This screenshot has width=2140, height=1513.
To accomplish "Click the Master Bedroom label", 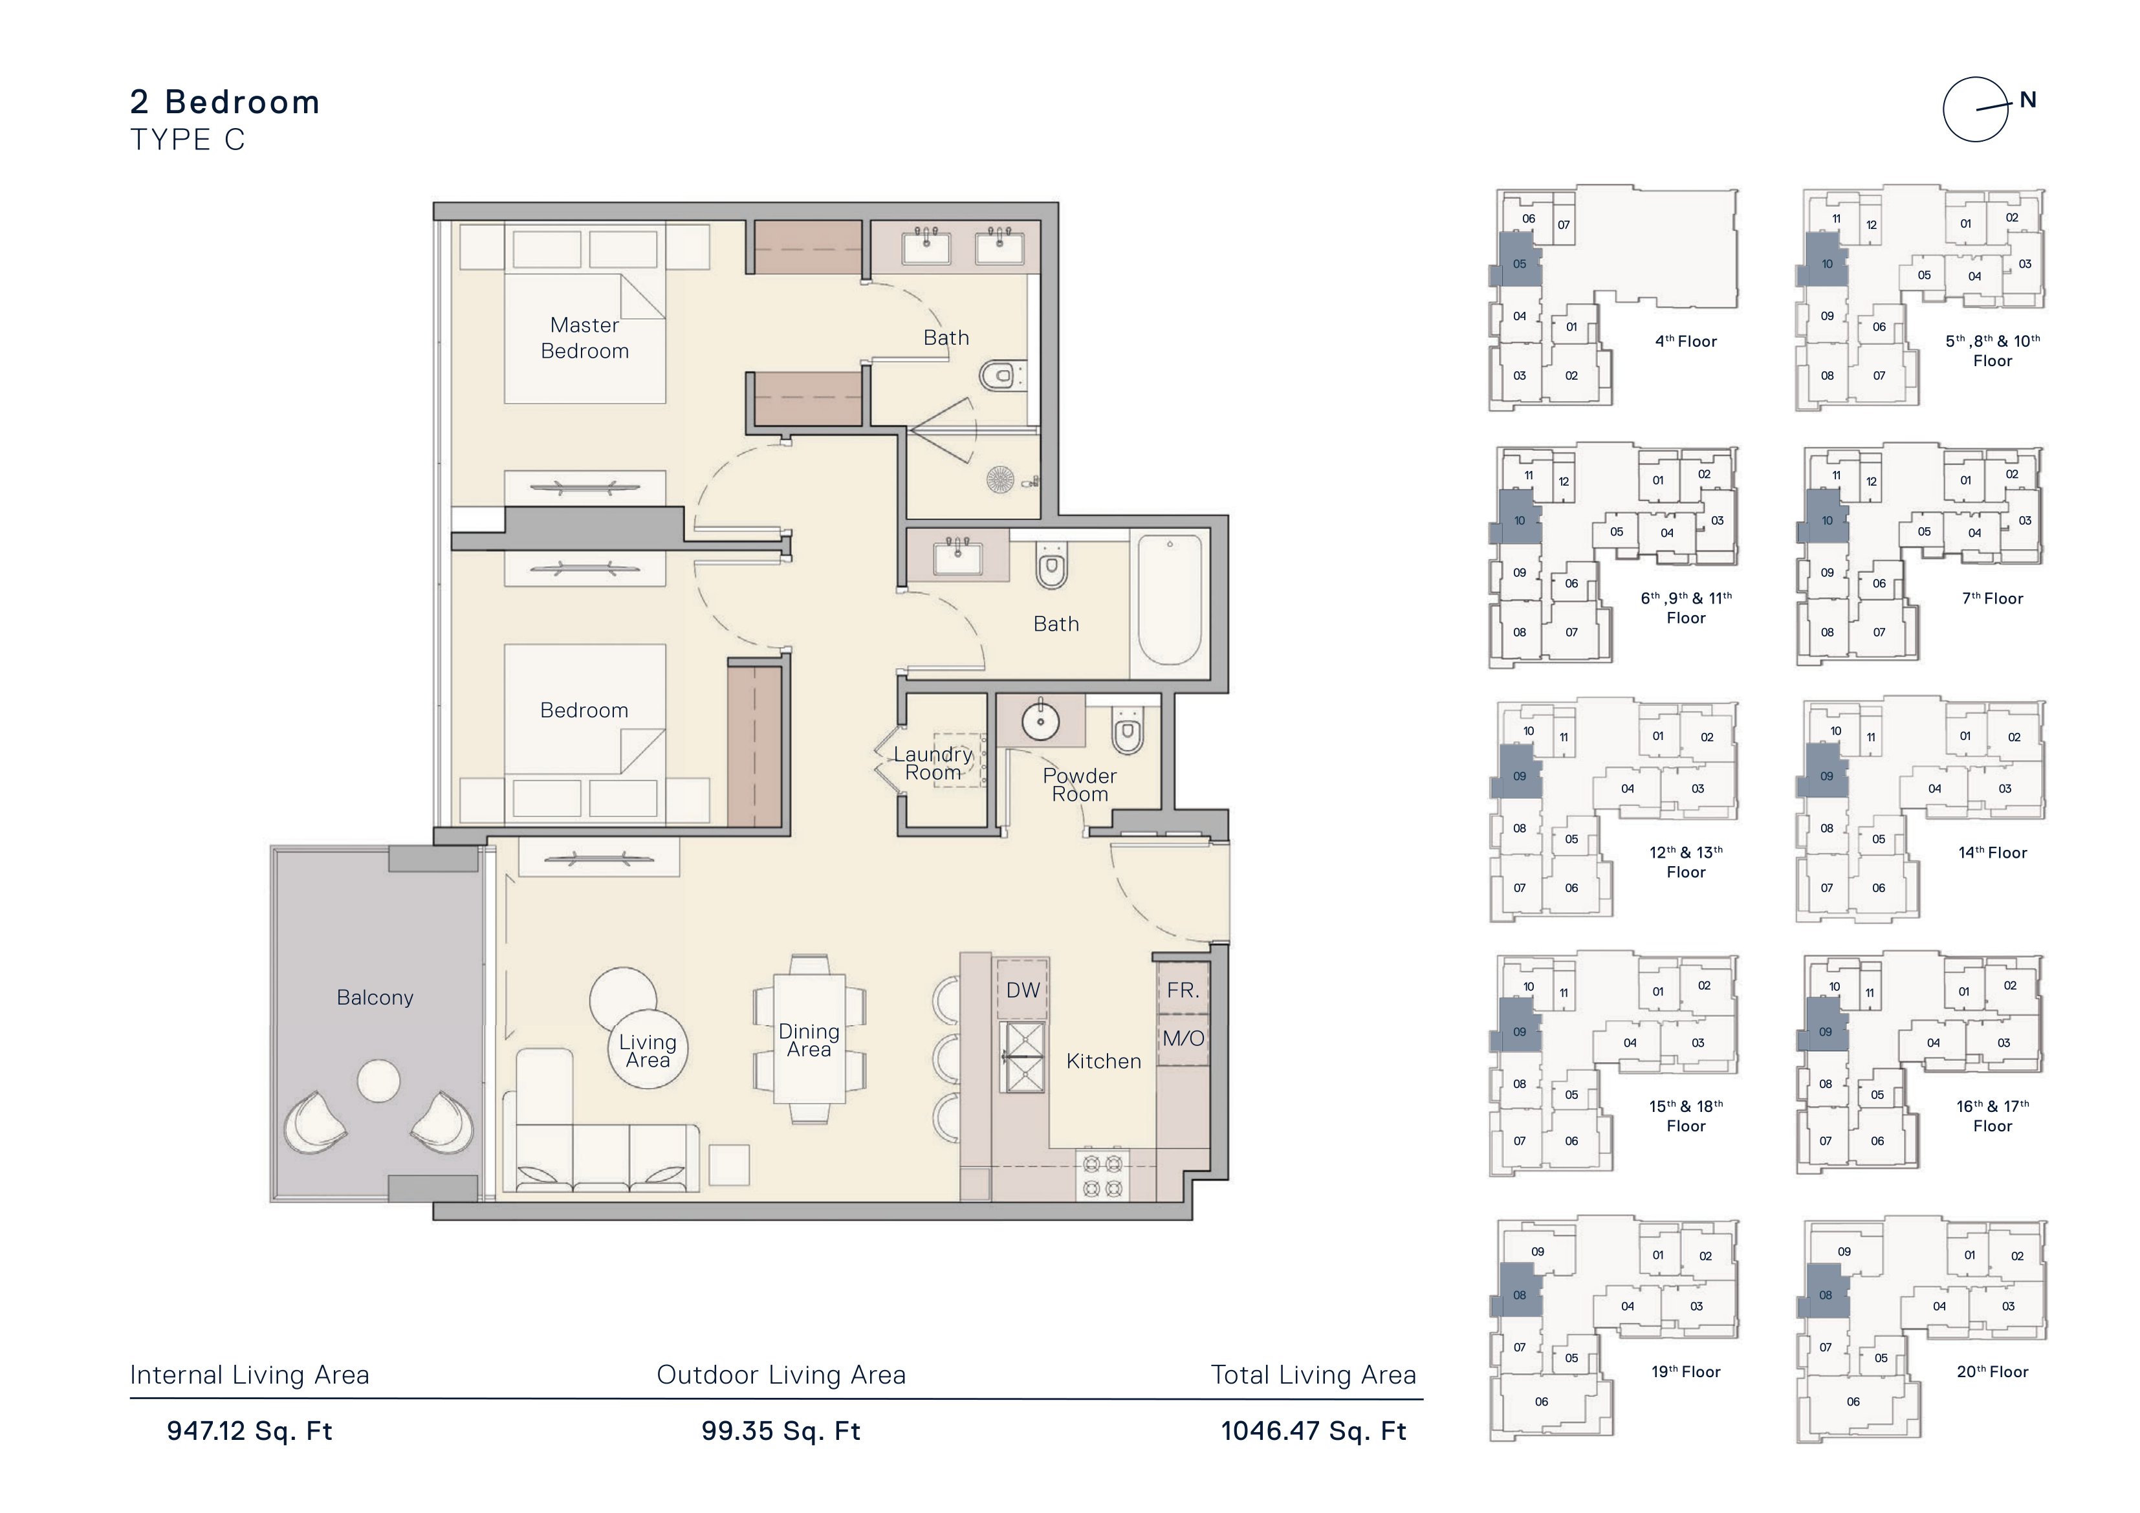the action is click(x=584, y=338).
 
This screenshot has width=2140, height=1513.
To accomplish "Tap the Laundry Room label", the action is click(x=933, y=763).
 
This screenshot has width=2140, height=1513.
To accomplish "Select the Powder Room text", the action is click(x=1079, y=785).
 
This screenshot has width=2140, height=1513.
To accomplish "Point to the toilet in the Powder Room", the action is click(x=1128, y=732).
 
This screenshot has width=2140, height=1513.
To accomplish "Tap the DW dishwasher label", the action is click(x=1023, y=990).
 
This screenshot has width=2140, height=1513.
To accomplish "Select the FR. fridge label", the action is click(x=1183, y=990).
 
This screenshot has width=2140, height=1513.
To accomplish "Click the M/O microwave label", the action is click(x=1183, y=1038).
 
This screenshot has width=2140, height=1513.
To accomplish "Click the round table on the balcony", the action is click(x=378, y=1082).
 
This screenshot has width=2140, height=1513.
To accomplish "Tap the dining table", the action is click(x=809, y=1040).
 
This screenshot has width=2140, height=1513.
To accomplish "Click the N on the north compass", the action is click(x=2028, y=100).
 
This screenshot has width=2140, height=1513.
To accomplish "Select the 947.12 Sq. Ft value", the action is click(x=250, y=1431).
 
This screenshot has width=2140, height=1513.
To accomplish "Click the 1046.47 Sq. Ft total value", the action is click(x=1313, y=1431).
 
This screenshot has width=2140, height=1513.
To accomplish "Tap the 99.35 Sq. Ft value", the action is click(x=781, y=1431).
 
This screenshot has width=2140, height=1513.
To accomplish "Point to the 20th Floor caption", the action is click(x=1993, y=1371).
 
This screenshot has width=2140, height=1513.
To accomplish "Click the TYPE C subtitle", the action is click(x=188, y=140).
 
